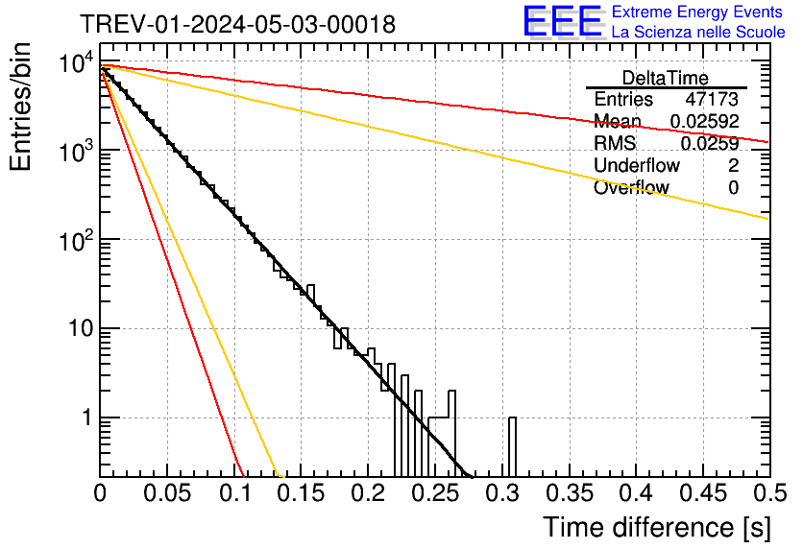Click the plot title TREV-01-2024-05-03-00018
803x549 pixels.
(x=237, y=25)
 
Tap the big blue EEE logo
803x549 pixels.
(x=562, y=21)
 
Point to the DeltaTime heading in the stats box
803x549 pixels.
(x=666, y=78)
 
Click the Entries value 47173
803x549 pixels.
(x=712, y=99)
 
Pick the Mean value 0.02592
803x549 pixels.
(x=704, y=121)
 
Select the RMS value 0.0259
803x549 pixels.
(x=710, y=143)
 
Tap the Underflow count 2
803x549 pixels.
(x=733, y=165)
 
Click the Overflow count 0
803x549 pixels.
(x=733, y=187)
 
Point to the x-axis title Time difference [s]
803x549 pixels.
(x=657, y=527)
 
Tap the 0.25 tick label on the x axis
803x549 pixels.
(x=435, y=494)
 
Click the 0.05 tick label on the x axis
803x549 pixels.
(x=167, y=494)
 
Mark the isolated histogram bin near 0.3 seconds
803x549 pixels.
(x=513, y=446)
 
